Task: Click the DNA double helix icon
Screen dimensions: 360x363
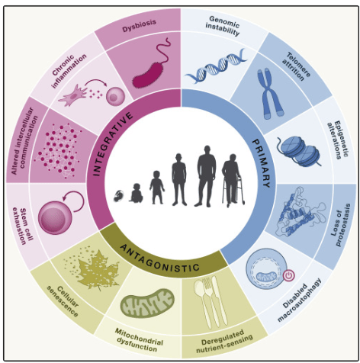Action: pos(216,66)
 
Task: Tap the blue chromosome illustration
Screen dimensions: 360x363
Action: pos(270,95)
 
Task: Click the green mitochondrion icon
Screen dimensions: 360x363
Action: pos(147,303)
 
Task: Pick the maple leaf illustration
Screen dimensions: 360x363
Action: pos(93,268)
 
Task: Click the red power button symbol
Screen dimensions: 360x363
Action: pos(289,275)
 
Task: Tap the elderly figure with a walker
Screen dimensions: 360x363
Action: pos(233,180)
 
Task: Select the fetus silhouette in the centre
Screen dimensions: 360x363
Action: pos(118,196)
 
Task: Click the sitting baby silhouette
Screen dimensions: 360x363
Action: pos(137,193)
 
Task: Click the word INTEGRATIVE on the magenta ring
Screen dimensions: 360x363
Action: pos(112,143)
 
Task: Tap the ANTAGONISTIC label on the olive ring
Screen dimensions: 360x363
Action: pos(159,257)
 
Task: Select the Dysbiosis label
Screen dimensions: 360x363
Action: pos(139,26)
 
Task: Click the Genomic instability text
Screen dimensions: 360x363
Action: pos(223,25)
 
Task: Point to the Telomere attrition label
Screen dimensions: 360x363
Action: pos(296,66)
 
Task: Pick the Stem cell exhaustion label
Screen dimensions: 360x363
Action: pos(23,226)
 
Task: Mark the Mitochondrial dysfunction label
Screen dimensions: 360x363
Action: pos(139,340)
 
